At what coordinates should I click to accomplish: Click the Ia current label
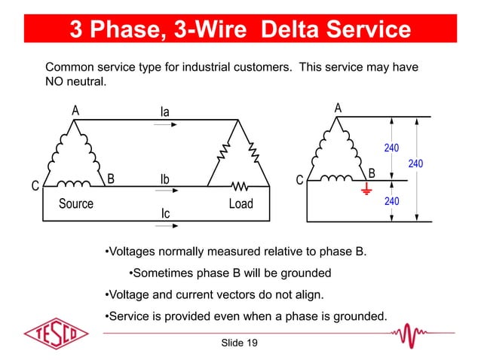point(164,111)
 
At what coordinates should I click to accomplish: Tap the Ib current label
point(165,180)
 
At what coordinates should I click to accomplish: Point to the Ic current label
point(165,214)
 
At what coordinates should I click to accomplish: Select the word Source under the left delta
point(76,203)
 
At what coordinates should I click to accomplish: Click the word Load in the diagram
point(241,204)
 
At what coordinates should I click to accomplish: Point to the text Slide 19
point(240,343)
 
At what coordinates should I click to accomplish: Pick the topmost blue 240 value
point(392,148)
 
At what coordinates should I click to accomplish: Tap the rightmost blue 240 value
point(415,163)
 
